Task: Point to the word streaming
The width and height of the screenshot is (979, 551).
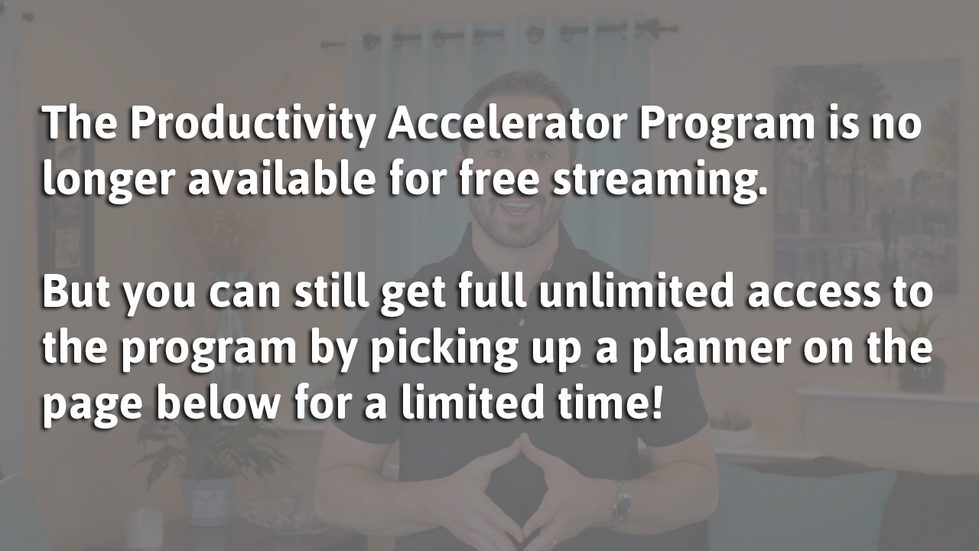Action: pyautogui.click(x=660, y=179)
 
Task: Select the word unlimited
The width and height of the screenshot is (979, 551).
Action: pyautogui.click(x=636, y=290)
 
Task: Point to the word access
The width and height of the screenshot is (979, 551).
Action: pyautogui.click(x=813, y=294)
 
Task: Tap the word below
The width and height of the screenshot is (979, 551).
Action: pyautogui.click(x=217, y=402)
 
